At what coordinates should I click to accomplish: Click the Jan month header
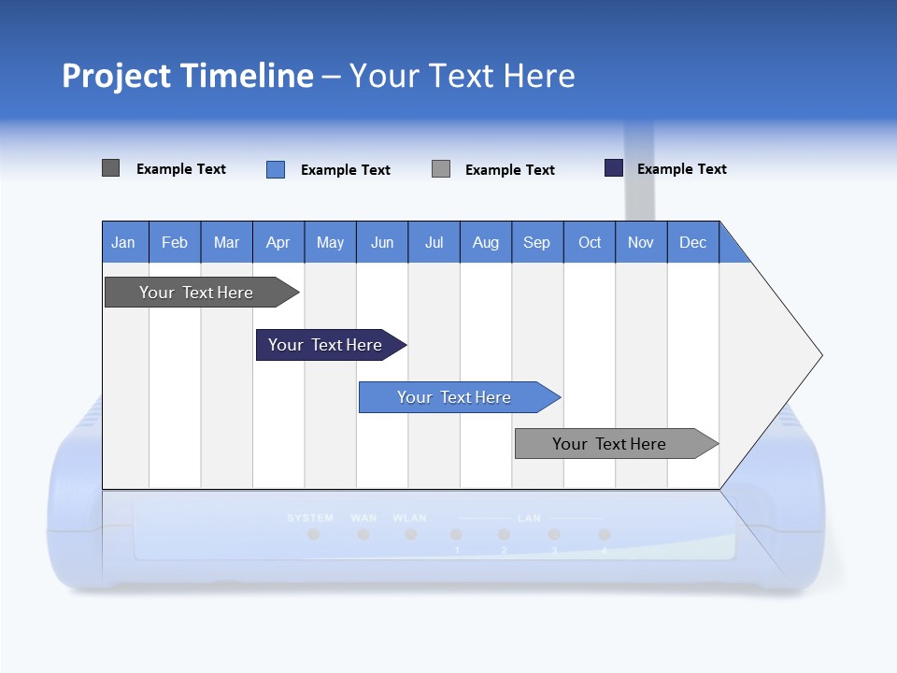[x=124, y=242]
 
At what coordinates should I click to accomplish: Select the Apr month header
[x=278, y=242]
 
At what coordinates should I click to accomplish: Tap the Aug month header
[x=486, y=242]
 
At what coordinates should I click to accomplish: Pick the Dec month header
[x=692, y=242]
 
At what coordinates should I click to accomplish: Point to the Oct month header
[x=590, y=242]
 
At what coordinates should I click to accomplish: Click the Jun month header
[x=382, y=242]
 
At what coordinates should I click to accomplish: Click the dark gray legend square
[x=111, y=168]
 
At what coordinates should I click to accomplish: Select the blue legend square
[x=276, y=169]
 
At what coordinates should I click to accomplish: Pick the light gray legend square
[x=441, y=169]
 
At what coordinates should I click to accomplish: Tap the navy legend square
[x=614, y=168]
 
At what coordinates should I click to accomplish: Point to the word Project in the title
[x=118, y=76]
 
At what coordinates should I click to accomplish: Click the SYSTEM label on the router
[x=310, y=518]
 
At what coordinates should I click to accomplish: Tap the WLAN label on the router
[x=409, y=518]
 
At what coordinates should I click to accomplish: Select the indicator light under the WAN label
[x=363, y=535]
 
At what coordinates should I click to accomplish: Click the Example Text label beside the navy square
[x=681, y=169]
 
